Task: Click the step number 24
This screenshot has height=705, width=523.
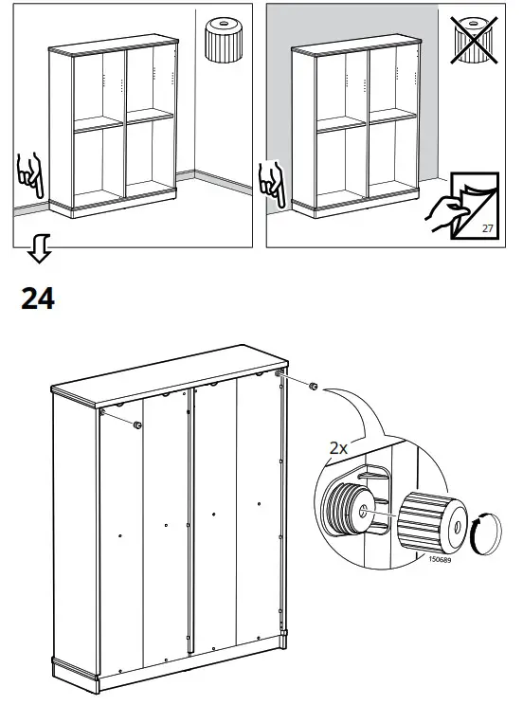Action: [38, 298]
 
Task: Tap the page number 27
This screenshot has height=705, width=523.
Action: [488, 228]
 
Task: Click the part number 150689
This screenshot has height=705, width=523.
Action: [440, 559]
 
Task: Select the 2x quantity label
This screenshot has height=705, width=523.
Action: [338, 448]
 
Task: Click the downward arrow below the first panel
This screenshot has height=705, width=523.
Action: [39, 247]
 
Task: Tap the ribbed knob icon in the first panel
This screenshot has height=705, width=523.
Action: [224, 40]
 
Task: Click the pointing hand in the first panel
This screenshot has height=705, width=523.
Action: [29, 175]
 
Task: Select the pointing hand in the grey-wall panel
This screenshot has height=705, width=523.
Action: [272, 184]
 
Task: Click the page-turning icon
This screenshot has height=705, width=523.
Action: [463, 205]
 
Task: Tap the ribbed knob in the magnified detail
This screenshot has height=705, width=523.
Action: [432, 522]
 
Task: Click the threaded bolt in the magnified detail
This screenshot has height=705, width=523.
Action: [348, 507]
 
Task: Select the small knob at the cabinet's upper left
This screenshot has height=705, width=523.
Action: [137, 425]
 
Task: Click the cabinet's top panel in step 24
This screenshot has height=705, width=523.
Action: [170, 377]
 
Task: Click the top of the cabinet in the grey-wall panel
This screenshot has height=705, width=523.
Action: [355, 45]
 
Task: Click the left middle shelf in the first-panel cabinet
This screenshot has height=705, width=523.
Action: [99, 124]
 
